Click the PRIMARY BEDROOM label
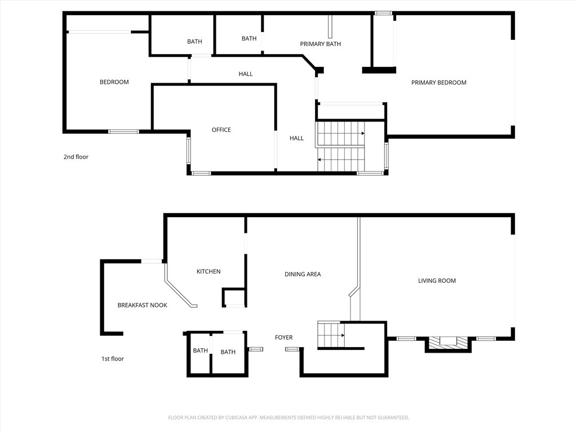pos(438,83)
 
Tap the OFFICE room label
pos(221,130)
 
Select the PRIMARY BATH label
pos(320,44)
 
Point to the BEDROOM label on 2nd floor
pos(114,82)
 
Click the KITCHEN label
pos(208,272)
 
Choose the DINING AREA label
pos(303,274)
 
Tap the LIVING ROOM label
pos(437,281)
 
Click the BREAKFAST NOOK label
pos(142,305)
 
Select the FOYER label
pos(283,337)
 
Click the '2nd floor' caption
pos(76,157)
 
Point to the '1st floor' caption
pos(112,359)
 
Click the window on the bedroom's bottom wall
pos(123,132)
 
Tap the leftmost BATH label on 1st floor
pos(200,350)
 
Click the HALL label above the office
pos(245,74)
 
